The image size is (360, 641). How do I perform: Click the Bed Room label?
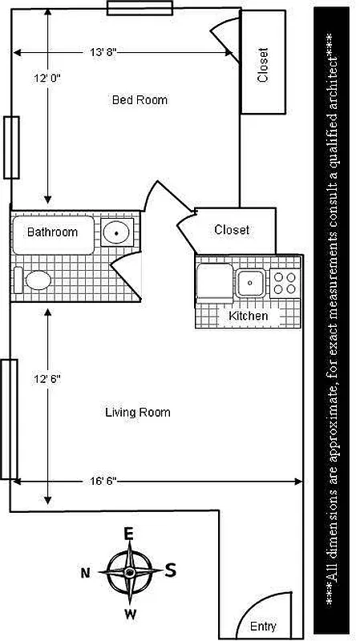click(x=140, y=100)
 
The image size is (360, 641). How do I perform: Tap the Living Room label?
click(x=138, y=413)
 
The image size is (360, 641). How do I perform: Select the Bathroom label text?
click(x=52, y=232)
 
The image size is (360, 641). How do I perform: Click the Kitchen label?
click(x=249, y=316)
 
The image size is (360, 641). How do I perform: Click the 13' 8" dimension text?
click(x=103, y=52)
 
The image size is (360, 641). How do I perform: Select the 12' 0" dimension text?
click(x=47, y=79)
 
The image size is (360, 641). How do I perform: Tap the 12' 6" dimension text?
click(x=47, y=377)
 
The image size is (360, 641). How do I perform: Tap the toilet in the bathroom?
click(x=36, y=280)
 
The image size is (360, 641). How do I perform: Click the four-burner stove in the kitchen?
click(x=284, y=282)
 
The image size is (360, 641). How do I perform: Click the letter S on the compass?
click(x=170, y=570)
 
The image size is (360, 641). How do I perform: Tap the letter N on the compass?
click(x=85, y=572)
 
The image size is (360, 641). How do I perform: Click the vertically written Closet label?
click(x=262, y=65)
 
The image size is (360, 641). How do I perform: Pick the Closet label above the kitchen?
click(x=232, y=230)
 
